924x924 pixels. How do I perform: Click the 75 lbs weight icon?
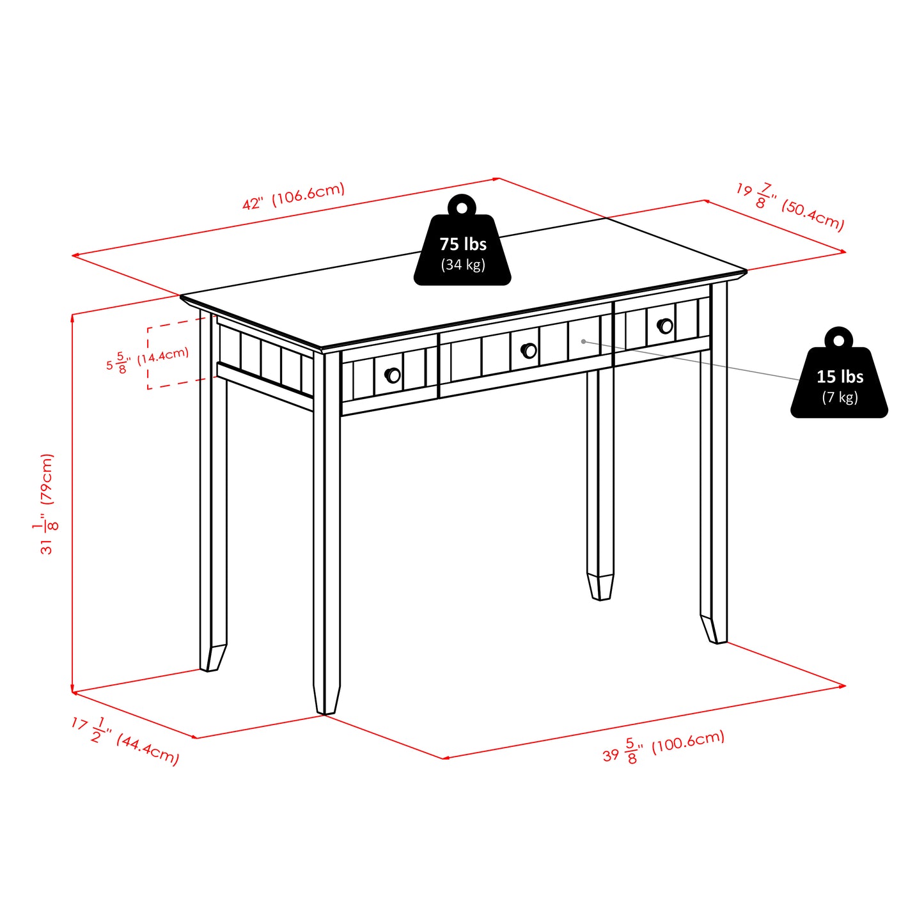(462, 249)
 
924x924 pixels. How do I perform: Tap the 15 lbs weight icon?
(839, 382)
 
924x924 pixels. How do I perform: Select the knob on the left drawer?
(393, 375)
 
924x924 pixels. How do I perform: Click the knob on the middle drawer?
(529, 350)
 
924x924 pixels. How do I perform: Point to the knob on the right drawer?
(665, 325)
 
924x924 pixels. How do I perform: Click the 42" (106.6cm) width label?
(294, 196)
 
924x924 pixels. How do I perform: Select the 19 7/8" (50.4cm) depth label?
(790, 206)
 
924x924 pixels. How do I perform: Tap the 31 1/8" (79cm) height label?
(47, 504)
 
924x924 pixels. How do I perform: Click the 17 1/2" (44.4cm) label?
(125, 740)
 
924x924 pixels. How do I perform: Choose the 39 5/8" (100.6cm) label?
(663, 746)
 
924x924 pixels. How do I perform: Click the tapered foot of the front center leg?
(326, 699)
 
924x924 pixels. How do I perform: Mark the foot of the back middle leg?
(600, 586)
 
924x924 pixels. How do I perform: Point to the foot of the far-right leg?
(714, 629)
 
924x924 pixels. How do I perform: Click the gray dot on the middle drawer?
(583, 341)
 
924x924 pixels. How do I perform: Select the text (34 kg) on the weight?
(462, 265)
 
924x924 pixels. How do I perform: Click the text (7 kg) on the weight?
(840, 398)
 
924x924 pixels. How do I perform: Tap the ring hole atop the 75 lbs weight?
(462, 207)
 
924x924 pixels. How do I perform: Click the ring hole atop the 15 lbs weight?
(838, 340)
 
